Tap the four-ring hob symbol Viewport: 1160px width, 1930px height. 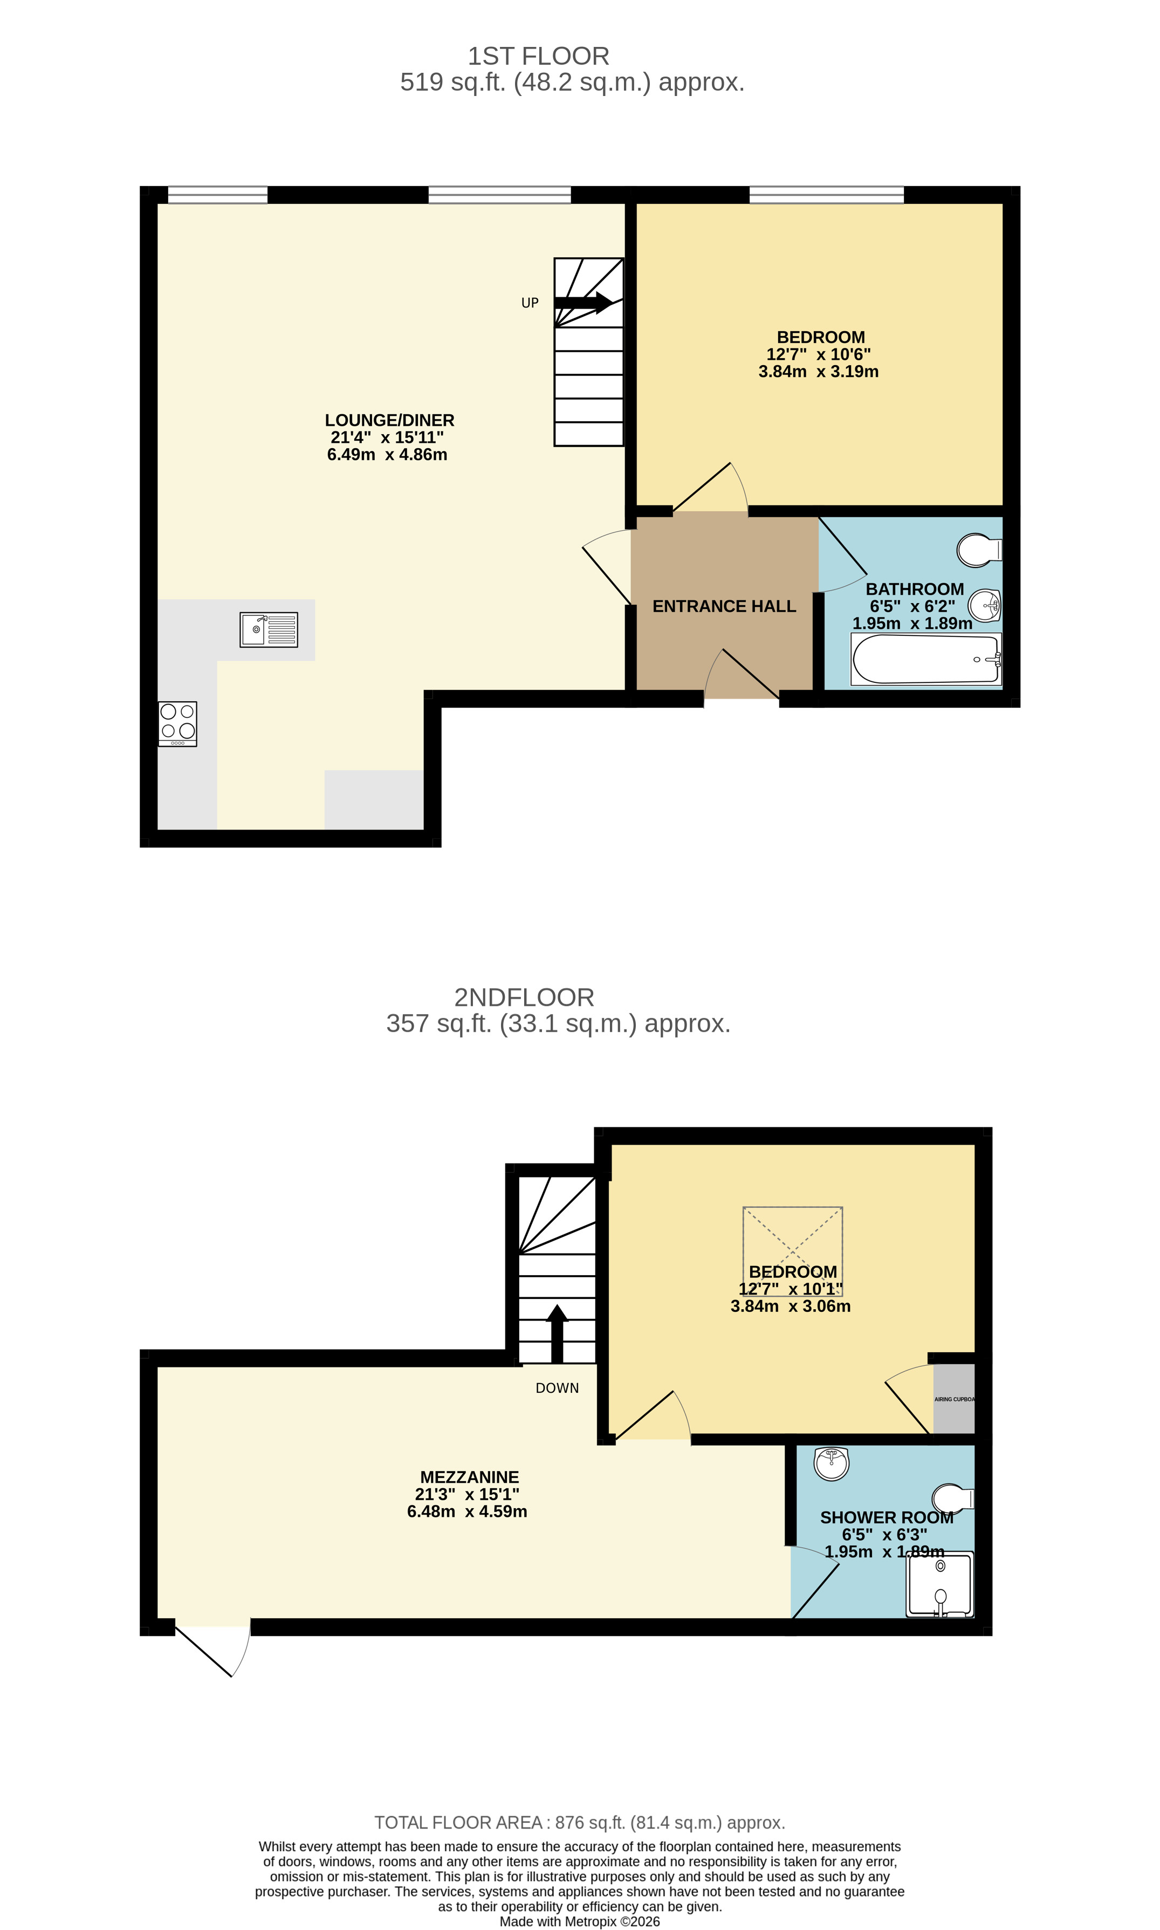(177, 724)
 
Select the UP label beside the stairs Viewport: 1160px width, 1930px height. (530, 303)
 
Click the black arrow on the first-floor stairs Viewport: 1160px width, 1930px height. (583, 303)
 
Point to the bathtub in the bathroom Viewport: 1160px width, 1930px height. (925, 659)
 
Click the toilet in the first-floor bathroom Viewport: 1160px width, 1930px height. (979, 550)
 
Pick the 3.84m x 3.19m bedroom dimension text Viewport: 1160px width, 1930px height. (819, 371)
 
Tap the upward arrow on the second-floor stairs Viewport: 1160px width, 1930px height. (557, 1333)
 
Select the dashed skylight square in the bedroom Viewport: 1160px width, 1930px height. (793, 1251)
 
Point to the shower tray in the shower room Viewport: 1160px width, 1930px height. (941, 1584)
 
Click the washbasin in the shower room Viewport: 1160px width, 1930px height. (832, 1463)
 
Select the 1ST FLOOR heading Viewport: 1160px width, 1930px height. (539, 56)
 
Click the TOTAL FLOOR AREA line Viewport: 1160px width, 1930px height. (580, 1822)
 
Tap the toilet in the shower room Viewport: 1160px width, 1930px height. (953, 1498)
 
